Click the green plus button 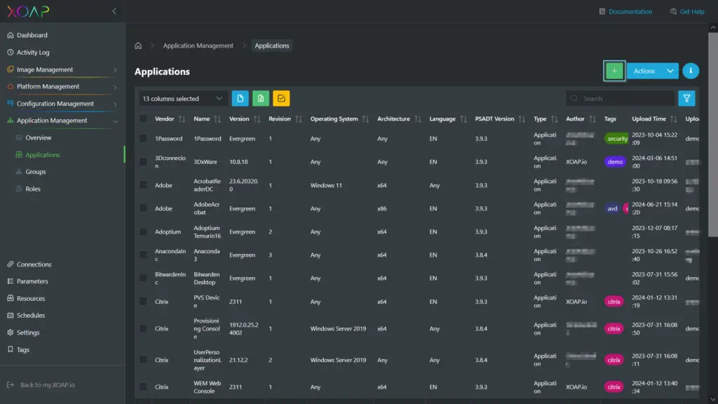click(x=614, y=71)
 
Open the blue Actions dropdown click(x=652, y=71)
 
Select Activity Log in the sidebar click(x=33, y=52)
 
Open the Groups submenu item click(x=36, y=172)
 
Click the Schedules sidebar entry click(x=31, y=316)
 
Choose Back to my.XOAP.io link click(x=47, y=385)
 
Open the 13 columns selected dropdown click(x=182, y=99)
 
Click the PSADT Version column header click(x=495, y=119)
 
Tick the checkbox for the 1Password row click(x=144, y=139)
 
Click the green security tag click(x=617, y=139)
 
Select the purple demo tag click(x=615, y=162)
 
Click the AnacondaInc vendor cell click(x=170, y=255)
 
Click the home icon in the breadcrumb click(x=138, y=46)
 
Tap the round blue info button click(x=691, y=71)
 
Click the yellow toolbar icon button click(x=281, y=99)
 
